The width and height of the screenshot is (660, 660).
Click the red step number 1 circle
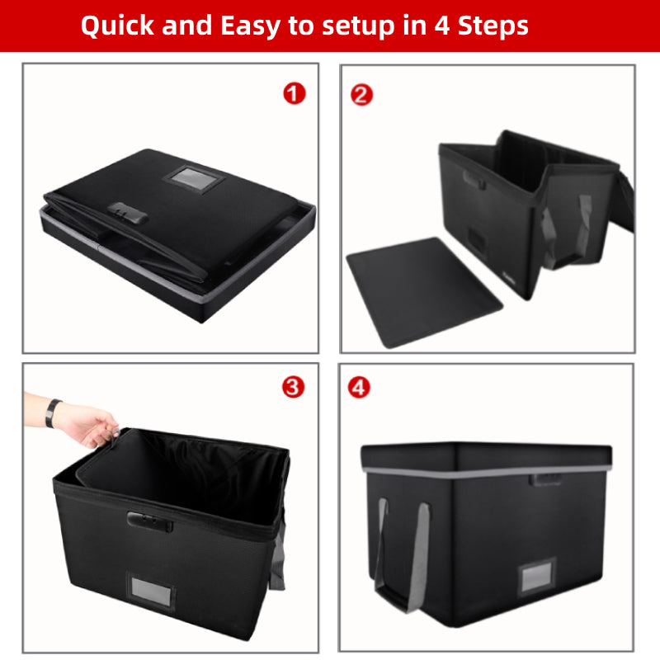[295, 94]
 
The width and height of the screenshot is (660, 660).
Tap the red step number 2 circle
[361, 94]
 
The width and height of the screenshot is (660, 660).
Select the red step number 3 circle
[294, 387]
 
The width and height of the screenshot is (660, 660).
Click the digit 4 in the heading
[430, 26]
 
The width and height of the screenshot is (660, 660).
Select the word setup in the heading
[345, 26]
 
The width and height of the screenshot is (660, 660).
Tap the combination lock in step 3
[149, 521]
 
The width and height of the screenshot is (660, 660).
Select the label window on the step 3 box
[149, 588]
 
